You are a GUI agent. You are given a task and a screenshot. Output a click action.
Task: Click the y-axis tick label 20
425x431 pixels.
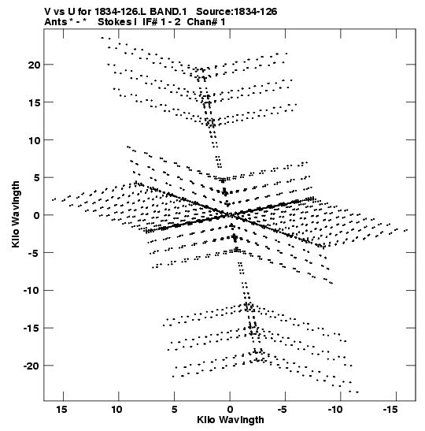click(x=34, y=65)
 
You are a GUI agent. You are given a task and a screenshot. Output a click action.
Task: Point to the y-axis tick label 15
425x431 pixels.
click(x=34, y=102)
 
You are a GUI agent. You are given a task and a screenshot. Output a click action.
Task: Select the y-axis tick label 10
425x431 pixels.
click(x=34, y=140)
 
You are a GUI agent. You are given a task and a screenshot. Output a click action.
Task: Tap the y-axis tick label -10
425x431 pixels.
click(x=31, y=290)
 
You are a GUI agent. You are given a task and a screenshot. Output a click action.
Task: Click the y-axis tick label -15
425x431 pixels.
click(x=31, y=329)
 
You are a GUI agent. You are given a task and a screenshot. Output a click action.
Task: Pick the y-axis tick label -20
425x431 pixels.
click(x=31, y=366)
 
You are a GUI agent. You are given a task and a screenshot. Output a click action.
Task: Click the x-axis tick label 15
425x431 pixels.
click(x=61, y=410)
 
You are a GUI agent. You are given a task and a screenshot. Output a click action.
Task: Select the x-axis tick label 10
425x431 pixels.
click(x=116, y=410)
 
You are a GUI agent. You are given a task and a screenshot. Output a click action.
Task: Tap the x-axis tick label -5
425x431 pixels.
click(x=283, y=410)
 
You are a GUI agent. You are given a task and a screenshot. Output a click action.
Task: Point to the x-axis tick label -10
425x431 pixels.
click(x=335, y=410)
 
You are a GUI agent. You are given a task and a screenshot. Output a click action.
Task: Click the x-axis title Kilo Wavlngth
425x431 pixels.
click(x=231, y=420)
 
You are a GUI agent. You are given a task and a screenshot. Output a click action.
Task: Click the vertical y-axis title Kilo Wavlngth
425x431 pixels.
click(x=16, y=214)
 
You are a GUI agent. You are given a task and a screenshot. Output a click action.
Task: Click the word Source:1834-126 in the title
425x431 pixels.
click(x=237, y=12)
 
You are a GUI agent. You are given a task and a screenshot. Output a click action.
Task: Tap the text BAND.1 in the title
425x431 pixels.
click(x=168, y=12)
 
